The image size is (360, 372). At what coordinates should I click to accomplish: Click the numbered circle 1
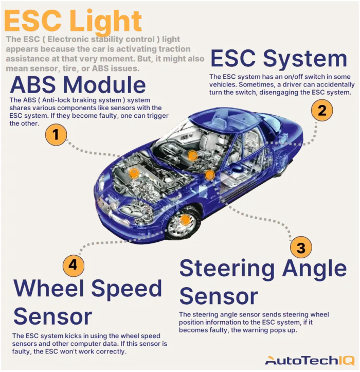(x=57, y=136)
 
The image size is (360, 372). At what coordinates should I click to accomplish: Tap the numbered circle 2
(x=321, y=110)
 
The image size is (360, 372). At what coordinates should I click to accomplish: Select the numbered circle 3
(x=301, y=247)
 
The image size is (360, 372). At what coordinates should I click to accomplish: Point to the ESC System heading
(x=279, y=58)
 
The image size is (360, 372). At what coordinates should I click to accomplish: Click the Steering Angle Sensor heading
(x=263, y=282)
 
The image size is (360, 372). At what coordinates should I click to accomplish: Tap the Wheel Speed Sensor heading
(x=87, y=302)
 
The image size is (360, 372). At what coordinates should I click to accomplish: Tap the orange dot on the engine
(x=134, y=173)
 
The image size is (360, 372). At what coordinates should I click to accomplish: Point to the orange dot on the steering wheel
(x=192, y=156)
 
